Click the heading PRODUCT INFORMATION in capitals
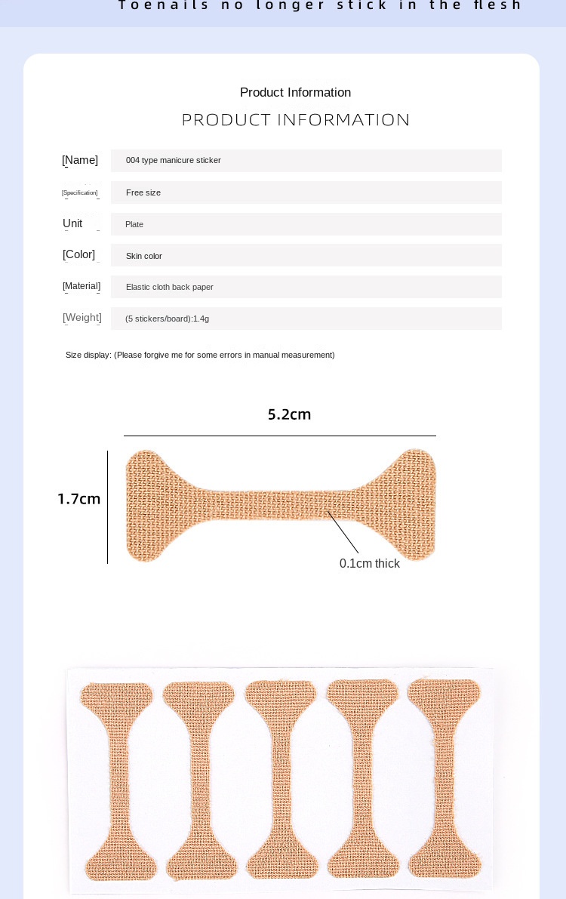296,120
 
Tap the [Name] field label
80,160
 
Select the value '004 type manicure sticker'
174,161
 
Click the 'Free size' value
143,192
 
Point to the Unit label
72,223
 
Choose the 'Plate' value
134,224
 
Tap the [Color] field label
79,254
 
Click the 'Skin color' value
144,256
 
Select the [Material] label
82,286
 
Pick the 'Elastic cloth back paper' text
170,287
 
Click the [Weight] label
82,318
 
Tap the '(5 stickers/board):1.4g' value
167,319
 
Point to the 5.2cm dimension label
289,414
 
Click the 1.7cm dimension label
79,499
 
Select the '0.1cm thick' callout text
370,564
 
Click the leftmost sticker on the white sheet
118,781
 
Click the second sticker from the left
200,781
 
